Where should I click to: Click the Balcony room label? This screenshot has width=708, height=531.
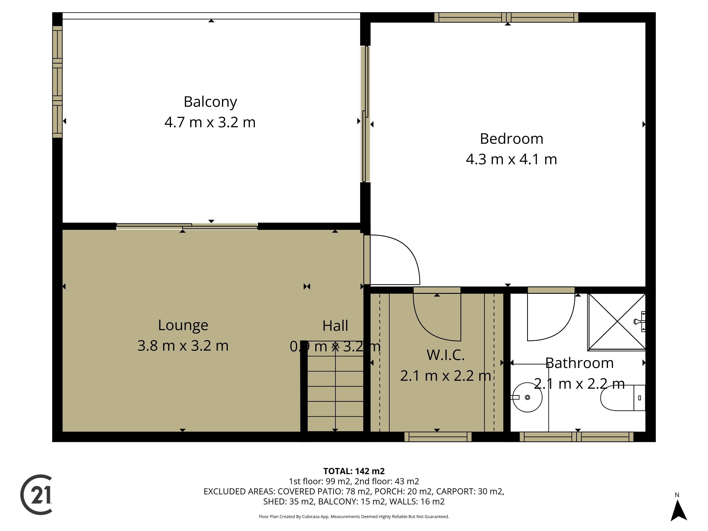point(210,102)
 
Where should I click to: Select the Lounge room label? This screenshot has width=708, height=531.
point(183,326)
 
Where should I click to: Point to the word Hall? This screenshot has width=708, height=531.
point(335,326)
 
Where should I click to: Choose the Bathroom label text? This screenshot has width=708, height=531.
point(579,363)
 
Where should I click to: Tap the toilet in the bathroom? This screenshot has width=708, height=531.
point(623,398)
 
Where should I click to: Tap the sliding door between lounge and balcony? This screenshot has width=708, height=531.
point(187,226)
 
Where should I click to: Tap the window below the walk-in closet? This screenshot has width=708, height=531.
point(438,437)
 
